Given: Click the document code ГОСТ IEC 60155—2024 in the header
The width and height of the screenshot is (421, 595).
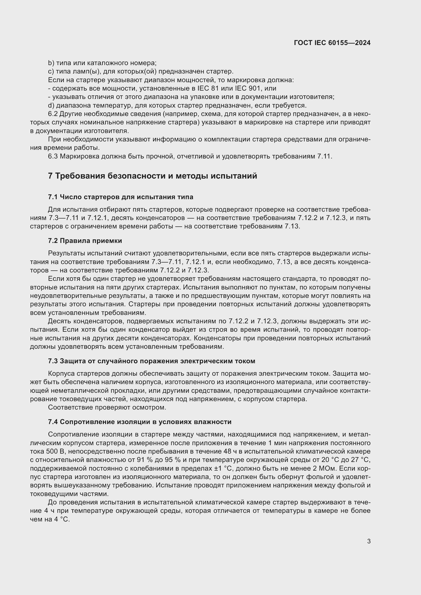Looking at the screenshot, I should coord(332,43).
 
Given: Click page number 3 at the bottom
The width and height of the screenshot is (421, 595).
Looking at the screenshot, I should coord(369,541).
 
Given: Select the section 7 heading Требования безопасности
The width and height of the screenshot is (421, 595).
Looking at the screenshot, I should coord(152,176).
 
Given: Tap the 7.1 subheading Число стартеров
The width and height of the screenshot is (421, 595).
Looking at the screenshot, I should coord(121,197).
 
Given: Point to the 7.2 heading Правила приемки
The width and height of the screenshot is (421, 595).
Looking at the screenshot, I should coord(85,241).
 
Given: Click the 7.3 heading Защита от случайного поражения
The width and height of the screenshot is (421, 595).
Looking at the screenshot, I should coord(151,361).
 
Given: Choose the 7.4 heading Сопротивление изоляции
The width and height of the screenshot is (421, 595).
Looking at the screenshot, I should coord(139,422).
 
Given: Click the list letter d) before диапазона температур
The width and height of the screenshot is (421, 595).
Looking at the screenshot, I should coord(51,106).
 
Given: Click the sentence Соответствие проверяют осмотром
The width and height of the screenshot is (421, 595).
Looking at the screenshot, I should coord(107,407).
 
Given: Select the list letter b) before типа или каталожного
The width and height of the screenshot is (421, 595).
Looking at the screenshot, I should coord(51,63).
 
